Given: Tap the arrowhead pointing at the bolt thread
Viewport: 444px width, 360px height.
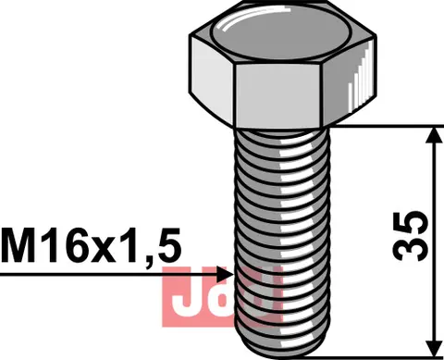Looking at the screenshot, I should coord(225,274).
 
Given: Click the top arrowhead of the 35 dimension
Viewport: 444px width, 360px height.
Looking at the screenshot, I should coord(432,135).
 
